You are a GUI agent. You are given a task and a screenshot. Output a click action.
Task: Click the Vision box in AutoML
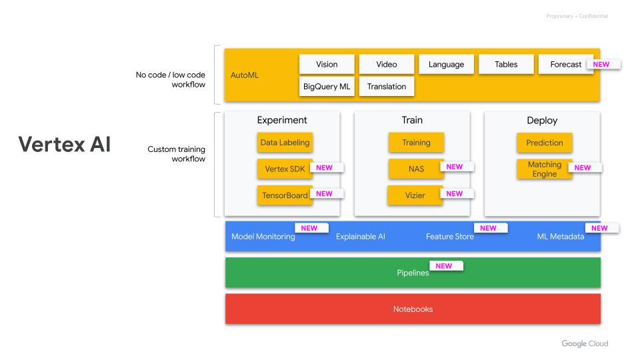point(327,65)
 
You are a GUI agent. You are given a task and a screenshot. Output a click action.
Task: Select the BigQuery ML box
point(327,87)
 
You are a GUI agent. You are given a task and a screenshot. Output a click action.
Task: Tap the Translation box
point(387,87)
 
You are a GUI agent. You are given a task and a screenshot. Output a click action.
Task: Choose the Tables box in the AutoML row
point(506,65)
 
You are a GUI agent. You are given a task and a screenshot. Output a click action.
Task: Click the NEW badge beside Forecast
point(601,65)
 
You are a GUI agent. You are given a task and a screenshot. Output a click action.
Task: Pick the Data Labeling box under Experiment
point(285,143)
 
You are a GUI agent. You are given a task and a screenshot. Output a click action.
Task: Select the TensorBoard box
point(285,195)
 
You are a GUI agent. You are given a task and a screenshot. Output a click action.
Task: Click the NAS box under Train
point(416,169)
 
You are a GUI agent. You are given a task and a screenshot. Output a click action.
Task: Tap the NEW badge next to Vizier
point(455,194)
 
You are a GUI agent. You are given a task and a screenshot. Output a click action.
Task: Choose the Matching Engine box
point(544,169)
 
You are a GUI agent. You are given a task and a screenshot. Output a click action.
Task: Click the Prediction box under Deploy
point(544,143)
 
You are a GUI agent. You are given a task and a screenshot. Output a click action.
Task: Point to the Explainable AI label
point(360,237)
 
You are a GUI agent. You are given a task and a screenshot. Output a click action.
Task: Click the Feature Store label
point(450,237)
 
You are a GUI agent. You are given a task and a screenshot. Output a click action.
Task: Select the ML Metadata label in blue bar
point(561,237)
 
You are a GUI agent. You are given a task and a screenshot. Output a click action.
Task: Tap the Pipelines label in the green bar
point(413,273)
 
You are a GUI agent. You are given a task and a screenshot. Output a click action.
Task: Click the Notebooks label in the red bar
point(413,309)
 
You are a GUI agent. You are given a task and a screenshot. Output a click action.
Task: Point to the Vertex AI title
point(64,145)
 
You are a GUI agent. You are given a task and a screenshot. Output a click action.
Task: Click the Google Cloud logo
point(584,344)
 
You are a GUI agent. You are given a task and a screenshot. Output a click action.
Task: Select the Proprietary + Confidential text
point(577,16)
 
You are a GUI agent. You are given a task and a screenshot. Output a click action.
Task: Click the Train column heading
point(411,121)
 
